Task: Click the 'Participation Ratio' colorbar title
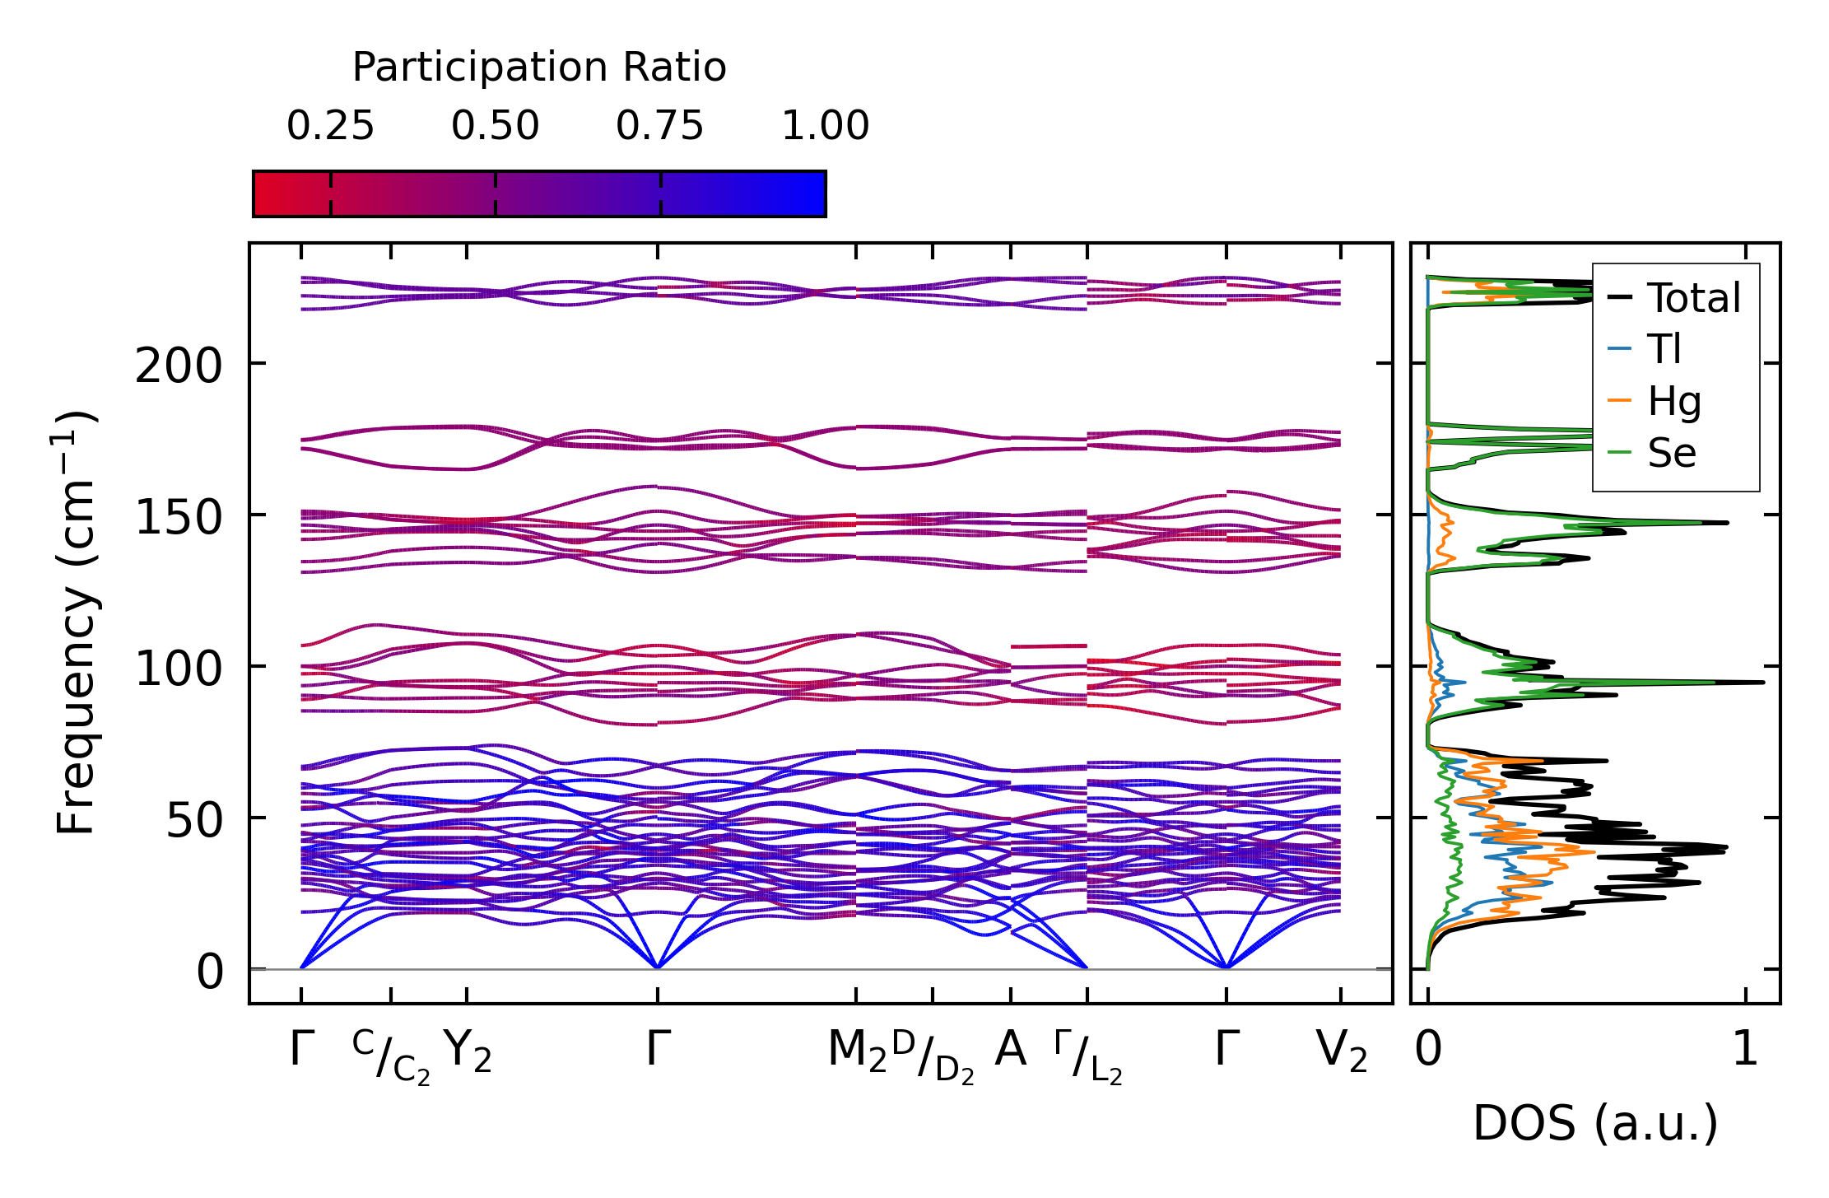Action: (539, 67)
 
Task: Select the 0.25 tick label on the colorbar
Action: (330, 126)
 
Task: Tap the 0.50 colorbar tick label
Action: (495, 126)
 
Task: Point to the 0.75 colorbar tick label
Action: (660, 126)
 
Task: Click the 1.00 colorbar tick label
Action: (825, 126)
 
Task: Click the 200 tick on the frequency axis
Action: (179, 366)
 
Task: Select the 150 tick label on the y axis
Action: (179, 518)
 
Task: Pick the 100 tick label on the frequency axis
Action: (179, 669)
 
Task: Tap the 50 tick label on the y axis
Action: (194, 820)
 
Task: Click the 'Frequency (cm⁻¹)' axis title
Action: (76, 622)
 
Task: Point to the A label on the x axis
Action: (1010, 1050)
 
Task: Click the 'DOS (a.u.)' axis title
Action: (1595, 1124)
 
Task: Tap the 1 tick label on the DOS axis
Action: (1744, 1050)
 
